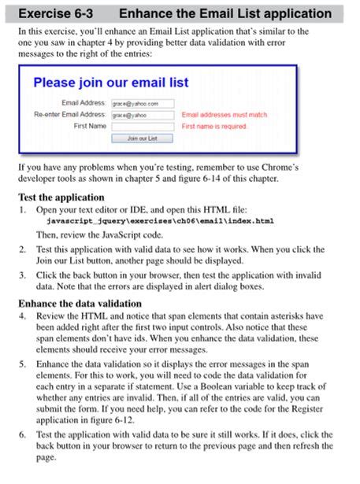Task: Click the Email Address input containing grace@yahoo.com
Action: coord(142,103)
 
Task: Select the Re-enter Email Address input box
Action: coord(142,115)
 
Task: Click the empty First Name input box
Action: coord(142,126)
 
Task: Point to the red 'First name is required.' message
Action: coord(213,126)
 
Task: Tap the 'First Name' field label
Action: coord(90,126)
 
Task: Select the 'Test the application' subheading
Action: coord(61,198)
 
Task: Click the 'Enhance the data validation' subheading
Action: coord(80,303)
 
